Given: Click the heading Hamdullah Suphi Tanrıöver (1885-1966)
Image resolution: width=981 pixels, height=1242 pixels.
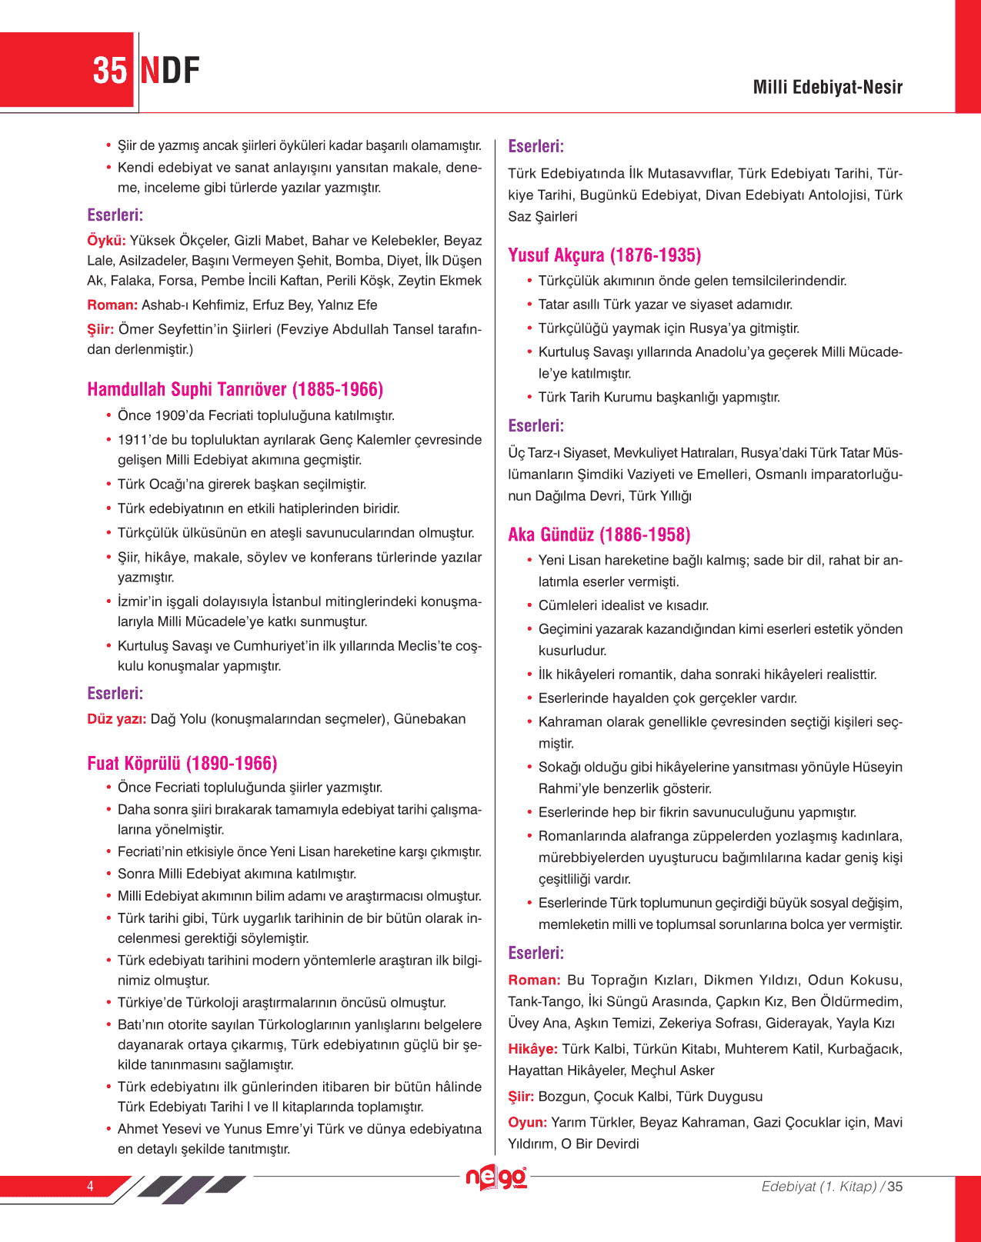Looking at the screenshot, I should pyautogui.click(x=235, y=389).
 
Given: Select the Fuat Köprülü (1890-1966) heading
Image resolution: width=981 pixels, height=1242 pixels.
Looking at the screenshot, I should pyautogui.click(x=182, y=763).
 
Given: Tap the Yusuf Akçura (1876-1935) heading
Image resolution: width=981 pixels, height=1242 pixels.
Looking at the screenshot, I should pyautogui.click(x=604, y=255).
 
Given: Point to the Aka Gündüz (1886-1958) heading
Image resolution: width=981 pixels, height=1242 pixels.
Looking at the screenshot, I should pyautogui.click(x=599, y=534).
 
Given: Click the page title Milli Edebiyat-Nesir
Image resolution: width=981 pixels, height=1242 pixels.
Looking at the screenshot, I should pyautogui.click(x=827, y=87).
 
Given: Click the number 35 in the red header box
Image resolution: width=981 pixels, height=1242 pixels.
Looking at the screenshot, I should pyautogui.click(x=109, y=71).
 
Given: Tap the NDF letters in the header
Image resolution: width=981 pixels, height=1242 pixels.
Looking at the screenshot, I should pyautogui.click(x=170, y=71).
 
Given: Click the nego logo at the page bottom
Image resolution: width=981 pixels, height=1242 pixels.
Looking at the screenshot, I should pyautogui.click(x=496, y=1178).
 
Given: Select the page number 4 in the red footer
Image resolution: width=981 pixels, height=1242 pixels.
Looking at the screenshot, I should pyautogui.click(x=90, y=1186).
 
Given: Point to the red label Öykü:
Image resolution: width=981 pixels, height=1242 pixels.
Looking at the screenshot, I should pyautogui.click(x=106, y=241).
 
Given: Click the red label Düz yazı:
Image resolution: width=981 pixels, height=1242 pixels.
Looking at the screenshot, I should pyautogui.click(x=116, y=719).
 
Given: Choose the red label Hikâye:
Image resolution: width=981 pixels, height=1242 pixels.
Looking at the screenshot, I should pyautogui.click(x=532, y=1049).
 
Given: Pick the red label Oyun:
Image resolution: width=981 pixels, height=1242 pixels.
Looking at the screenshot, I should pyautogui.click(x=527, y=1122).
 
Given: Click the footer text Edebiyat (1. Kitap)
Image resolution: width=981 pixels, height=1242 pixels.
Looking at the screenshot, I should pyautogui.click(x=819, y=1187).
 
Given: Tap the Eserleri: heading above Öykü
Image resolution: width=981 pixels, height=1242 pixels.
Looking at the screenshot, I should pyautogui.click(x=115, y=215).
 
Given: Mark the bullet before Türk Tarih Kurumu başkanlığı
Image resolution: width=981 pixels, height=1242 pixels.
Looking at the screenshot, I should pyautogui.click(x=529, y=397).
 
